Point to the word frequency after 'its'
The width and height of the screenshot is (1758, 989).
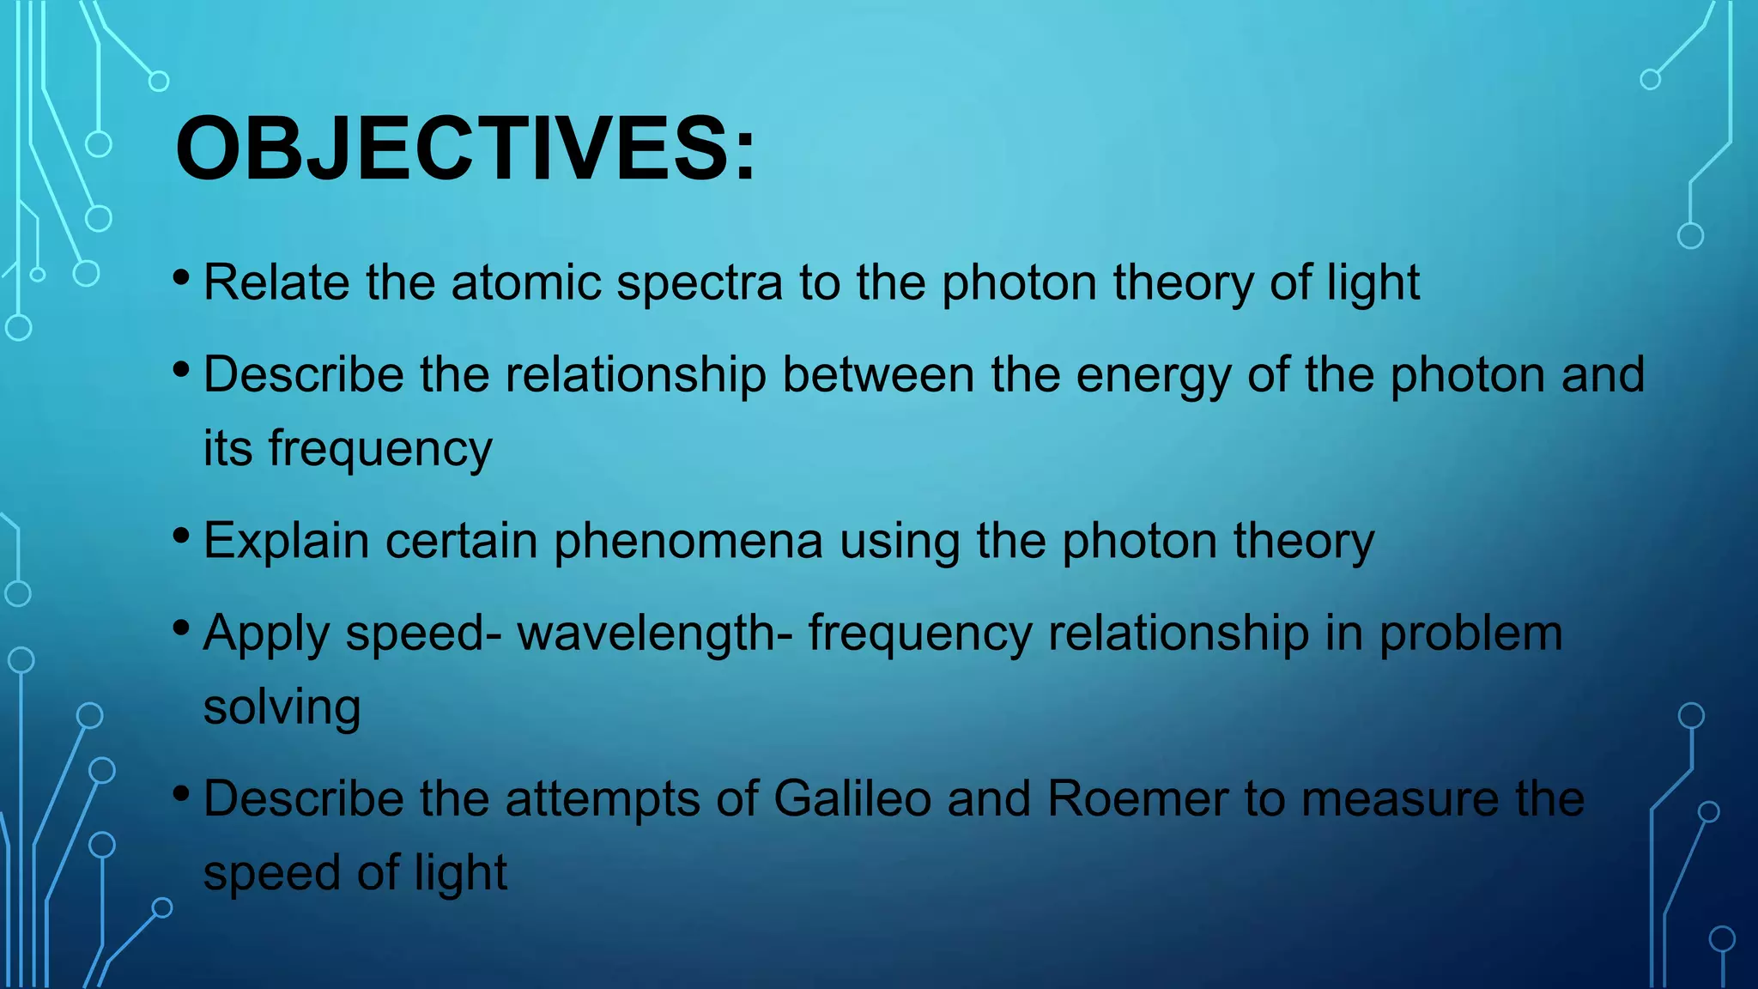[x=379, y=450]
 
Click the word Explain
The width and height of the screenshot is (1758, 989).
[x=286, y=542]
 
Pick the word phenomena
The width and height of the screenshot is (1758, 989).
[x=688, y=542]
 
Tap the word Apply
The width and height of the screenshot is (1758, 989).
[x=265, y=634]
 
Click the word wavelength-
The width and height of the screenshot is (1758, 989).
[x=654, y=634]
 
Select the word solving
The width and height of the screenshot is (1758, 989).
[x=282, y=708]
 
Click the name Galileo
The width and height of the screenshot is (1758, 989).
[x=852, y=798]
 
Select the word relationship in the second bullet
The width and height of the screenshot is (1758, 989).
[x=635, y=375]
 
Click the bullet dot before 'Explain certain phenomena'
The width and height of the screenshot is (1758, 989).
[x=180, y=536]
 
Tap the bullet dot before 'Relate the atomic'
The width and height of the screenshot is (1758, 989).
[x=180, y=277]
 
